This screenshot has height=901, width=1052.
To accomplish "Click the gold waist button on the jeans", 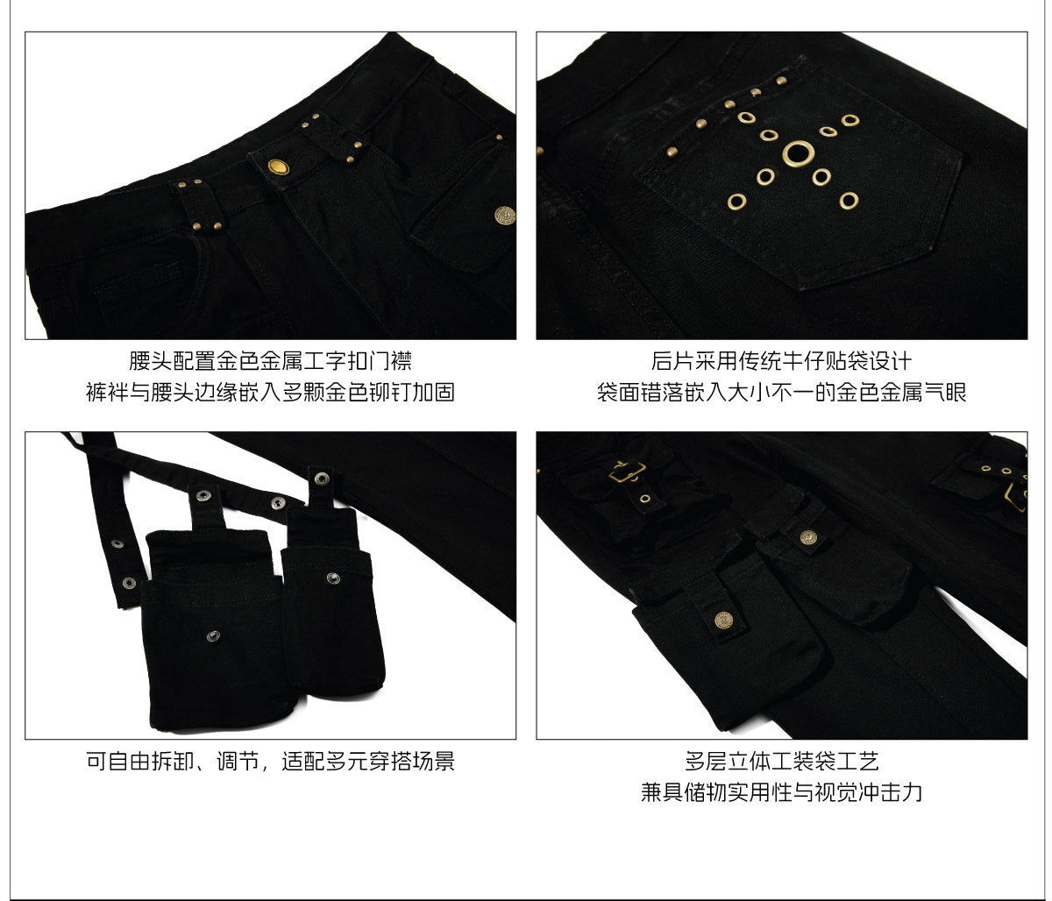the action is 278,167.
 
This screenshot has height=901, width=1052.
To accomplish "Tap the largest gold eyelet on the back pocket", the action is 798,153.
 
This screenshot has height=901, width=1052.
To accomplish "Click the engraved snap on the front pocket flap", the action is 505,216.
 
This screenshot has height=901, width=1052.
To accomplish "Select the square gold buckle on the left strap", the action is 627,472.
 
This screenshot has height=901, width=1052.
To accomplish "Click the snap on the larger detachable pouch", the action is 213,635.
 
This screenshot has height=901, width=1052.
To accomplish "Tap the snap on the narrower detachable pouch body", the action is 333,578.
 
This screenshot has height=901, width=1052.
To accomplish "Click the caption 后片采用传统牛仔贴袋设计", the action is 781,361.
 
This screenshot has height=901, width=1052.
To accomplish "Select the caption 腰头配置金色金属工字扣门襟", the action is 270,361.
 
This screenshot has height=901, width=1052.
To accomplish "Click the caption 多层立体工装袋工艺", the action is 781,761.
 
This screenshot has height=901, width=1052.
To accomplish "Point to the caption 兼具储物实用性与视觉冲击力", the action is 781,792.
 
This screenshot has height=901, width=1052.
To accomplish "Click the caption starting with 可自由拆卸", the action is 270,761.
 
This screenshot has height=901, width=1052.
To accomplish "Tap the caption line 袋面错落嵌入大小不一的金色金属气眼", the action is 781,393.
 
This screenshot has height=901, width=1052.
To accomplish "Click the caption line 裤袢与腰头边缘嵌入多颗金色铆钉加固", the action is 270,393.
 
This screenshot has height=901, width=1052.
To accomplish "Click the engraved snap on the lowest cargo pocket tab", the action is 723,621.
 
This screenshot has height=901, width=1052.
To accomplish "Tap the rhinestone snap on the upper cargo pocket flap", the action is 808,536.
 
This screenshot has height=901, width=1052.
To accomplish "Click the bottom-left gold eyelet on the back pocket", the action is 736,202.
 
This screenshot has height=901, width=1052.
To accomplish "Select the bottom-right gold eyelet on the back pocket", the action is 849,201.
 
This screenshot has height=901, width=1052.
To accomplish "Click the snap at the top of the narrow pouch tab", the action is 322,478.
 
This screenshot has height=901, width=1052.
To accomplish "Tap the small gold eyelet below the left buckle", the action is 645,498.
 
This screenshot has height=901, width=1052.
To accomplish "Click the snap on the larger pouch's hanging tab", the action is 203,494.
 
